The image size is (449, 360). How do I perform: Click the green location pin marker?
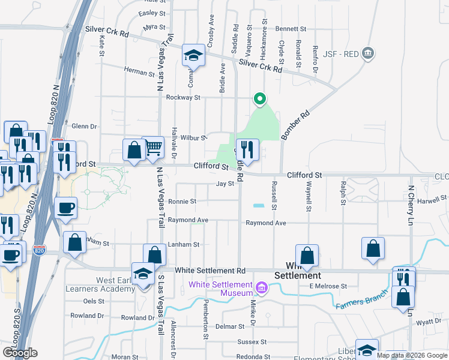tap(259, 99)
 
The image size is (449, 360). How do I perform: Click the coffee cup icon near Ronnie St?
tap(66, 208)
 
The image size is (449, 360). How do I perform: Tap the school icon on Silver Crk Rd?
tap(193, 56)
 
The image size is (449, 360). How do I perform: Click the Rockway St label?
tap(182, 97)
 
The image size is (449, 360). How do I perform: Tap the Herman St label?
tap(139, 72)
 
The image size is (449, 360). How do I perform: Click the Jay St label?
tap(225, 184)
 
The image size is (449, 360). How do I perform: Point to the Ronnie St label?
tap(182, 202)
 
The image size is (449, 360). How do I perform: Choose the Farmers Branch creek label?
tap(358, 302)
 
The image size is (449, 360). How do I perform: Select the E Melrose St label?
tap(328, 286)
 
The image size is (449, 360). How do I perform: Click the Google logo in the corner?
tap(20, 353)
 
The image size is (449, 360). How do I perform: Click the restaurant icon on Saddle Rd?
tap(247, 148)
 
